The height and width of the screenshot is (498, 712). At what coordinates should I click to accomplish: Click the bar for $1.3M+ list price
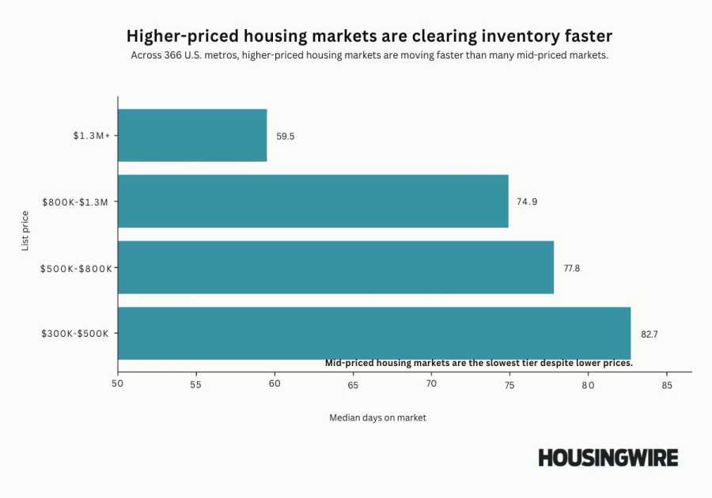click(192, 135)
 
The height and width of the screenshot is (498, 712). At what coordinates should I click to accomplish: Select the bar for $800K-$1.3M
click(313, 202)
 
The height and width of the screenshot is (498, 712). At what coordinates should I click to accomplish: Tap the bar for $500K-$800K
click(335, 267)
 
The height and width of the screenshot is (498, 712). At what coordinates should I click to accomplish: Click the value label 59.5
click(285, 136)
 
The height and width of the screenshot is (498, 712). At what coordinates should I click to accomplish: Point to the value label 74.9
click(527, 202)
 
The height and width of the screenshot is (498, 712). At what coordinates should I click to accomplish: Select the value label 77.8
click(572, 268)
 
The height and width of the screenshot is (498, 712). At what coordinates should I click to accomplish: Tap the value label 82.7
click(650, 334)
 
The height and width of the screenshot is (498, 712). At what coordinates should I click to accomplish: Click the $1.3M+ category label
click(92, 136)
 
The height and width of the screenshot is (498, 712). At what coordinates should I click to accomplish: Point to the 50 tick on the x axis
click(118, 385)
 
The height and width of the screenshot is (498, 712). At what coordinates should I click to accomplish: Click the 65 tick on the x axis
click(353, 385)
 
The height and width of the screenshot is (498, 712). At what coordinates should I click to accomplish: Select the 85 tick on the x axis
click(666, 385)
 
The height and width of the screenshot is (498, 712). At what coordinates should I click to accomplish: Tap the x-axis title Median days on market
click(377, 417)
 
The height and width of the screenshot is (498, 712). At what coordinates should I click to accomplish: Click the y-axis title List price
click(25, 231)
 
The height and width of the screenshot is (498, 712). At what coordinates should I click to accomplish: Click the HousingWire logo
click(608, 458)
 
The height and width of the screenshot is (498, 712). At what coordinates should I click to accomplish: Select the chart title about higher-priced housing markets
click(369, 36)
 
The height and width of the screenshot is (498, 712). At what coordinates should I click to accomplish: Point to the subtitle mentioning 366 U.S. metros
click(369, 56)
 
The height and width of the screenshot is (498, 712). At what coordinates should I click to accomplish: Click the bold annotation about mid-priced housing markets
click(479, 363)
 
